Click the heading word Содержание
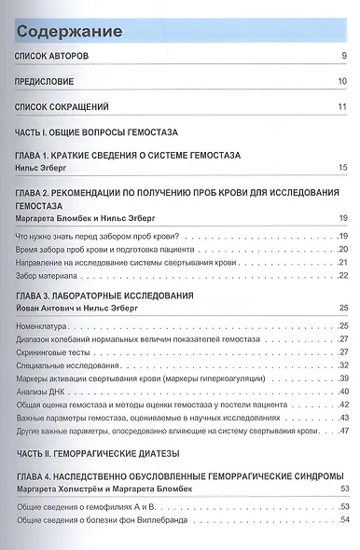(x=69, y=32)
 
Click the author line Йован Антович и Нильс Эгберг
(x=78, y=307)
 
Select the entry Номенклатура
(x=45, y=324)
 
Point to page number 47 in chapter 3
(x=343, y=431)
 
